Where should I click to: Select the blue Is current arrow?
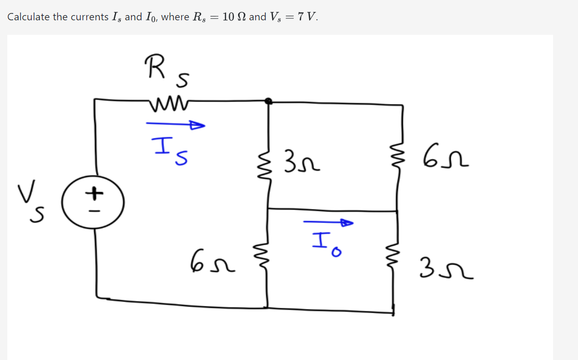[175, 125]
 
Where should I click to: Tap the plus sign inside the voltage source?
[94, 194]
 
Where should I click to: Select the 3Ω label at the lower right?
[449, 271]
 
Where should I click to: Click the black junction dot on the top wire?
[269, 101]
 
